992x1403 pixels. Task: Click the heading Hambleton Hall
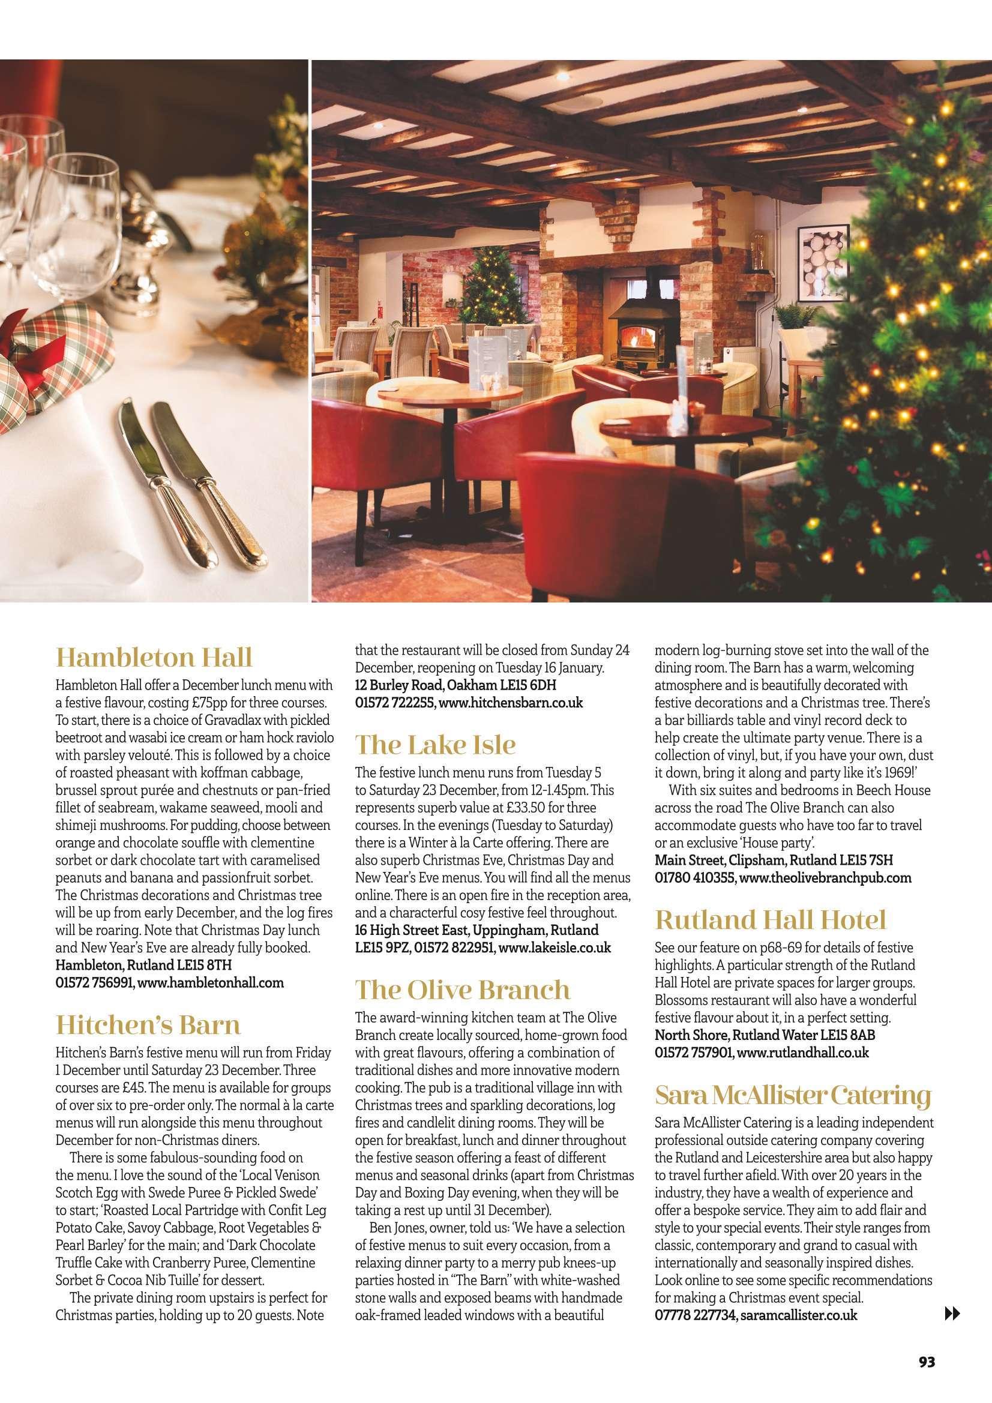coord(154,658)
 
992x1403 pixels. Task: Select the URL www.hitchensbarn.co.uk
coord(511,703)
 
